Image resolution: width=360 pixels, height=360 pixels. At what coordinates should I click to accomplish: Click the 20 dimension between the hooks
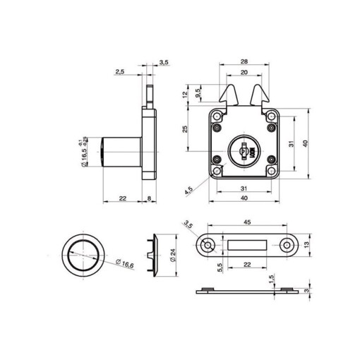(x=244, y=73)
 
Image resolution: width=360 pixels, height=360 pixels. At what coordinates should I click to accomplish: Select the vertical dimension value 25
(x=184, y=128)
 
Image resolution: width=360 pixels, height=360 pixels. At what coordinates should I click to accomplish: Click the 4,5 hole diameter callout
(x=189, y=191)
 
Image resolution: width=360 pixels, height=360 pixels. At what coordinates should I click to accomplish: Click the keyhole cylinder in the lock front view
(x=244, y=150)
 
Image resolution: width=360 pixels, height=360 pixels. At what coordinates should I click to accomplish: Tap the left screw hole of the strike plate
(x=206, y=244)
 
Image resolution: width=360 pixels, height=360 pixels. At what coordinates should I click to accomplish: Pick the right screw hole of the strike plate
(x=287, y=244)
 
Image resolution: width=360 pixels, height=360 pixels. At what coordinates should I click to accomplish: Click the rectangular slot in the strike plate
(x=247, y=244)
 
